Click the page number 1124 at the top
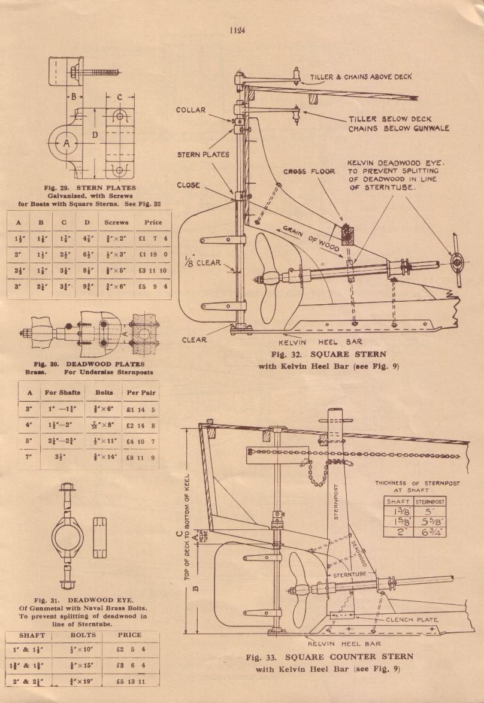237,31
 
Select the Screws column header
116,222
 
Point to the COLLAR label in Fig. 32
191,110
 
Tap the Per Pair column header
141,393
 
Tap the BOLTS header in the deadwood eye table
83,635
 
